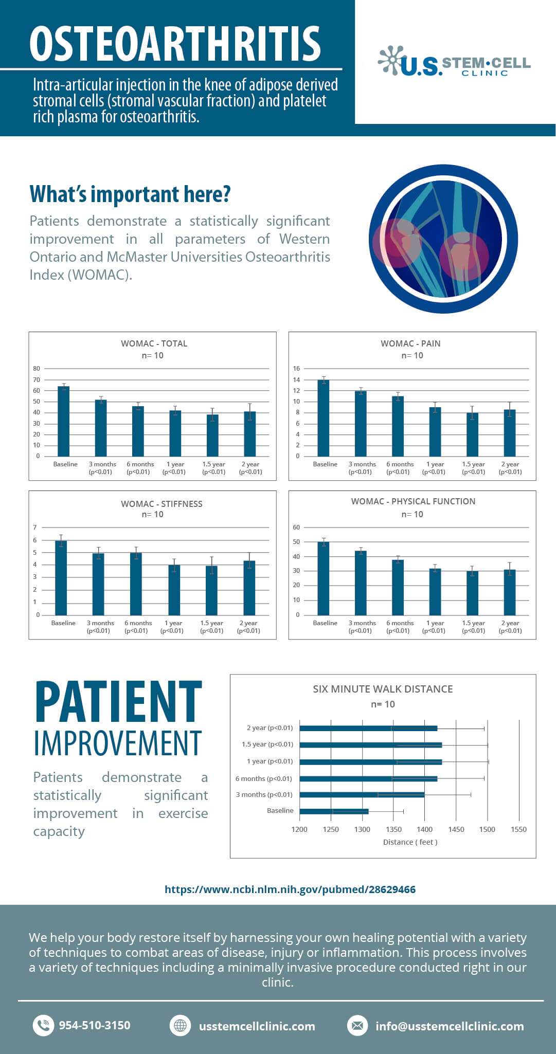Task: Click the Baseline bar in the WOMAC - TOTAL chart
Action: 63,421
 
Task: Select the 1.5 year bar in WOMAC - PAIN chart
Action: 472,434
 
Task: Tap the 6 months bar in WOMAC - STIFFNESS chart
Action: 136,584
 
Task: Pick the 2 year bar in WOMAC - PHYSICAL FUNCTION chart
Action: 510,592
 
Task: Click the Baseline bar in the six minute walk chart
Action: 334,811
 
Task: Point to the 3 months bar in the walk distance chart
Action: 362,795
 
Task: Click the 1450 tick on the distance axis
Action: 456,829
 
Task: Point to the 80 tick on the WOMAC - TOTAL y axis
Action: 37,369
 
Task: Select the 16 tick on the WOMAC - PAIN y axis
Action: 296,369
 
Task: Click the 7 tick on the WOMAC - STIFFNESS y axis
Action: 35,528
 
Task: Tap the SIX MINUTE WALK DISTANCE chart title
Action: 383,689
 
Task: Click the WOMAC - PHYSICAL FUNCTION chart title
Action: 413,501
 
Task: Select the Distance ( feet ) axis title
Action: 410,842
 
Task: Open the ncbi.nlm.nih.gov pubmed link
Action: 290,889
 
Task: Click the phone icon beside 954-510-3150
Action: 44,1026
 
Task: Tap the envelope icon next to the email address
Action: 357,1026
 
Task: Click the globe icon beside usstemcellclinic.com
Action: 180,1026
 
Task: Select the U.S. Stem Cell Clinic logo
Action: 455,63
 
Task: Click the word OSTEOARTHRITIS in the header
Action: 175,44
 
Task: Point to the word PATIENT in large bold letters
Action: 118,702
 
